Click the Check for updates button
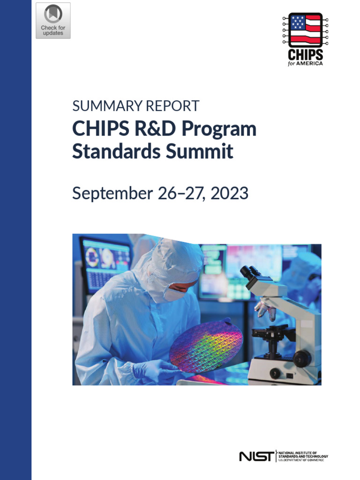coord(53,21)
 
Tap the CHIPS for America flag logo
coord(305,29)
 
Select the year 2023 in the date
coord(229,193)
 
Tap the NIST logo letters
coord(256,456)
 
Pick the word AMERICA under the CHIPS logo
coord(309,63)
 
